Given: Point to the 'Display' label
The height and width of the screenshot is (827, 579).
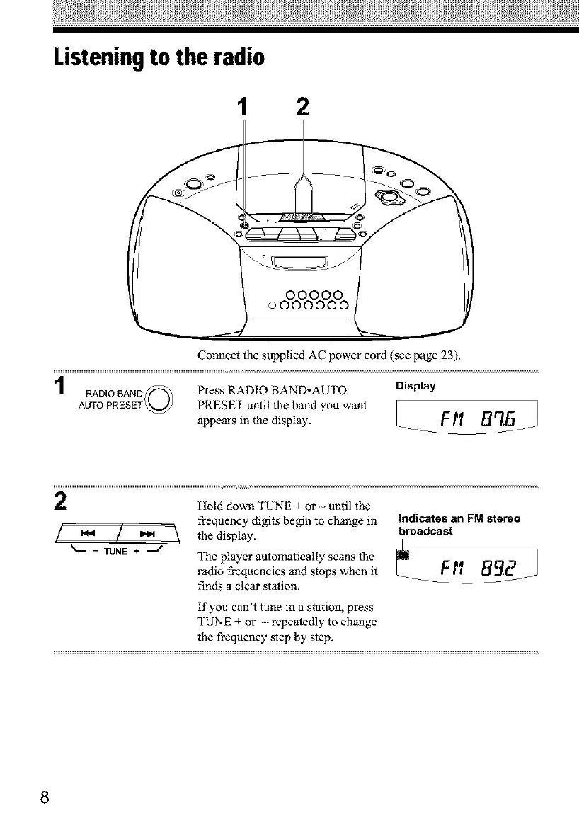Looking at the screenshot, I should point(415,387).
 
